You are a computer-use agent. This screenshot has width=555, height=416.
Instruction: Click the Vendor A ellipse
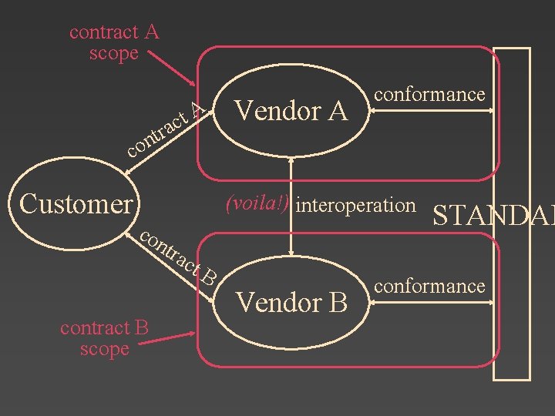click(x=291, y=111)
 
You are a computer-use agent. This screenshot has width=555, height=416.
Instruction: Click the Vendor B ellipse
click(x=291, y=302)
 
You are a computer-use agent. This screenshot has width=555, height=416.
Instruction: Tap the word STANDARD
click(x=493, y=216)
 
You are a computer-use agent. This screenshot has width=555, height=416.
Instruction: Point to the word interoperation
click(x=355, y=205)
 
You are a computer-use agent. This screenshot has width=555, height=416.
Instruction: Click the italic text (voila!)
click(x=257, y=204)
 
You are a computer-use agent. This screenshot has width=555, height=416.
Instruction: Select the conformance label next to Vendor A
click(x=429, y=94)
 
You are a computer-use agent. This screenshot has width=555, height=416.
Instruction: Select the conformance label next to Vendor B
click(x=429, y=286)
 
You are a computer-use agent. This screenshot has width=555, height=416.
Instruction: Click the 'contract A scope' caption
click(x=114, y=42)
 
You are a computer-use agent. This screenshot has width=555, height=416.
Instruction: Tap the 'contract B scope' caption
click(x=104, y=338)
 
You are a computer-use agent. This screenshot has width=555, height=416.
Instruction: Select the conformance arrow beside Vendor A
click(x=432, y=112)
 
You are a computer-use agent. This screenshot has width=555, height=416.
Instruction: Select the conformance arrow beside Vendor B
click(x=432, y=304)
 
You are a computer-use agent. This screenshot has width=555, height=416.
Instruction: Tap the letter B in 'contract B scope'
click(x=140, y=328)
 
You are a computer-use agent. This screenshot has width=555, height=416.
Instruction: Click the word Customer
click(x=76, y=204)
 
